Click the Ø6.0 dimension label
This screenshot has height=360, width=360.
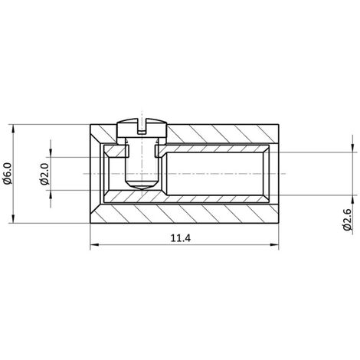(8, 174)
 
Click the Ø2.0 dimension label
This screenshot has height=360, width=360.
(44, 174)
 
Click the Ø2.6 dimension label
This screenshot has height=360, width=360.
(348, 220)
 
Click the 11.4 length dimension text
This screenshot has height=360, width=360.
(181, 238)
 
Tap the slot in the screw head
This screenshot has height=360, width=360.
(142, 126)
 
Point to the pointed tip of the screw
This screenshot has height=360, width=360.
(142, 188)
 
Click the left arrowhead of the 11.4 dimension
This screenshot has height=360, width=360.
(94, 245)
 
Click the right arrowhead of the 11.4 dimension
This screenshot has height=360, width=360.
(274, 245)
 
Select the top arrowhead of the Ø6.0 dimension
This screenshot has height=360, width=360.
(13, 129)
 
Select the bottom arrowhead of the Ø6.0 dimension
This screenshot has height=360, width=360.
(13, 218)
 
